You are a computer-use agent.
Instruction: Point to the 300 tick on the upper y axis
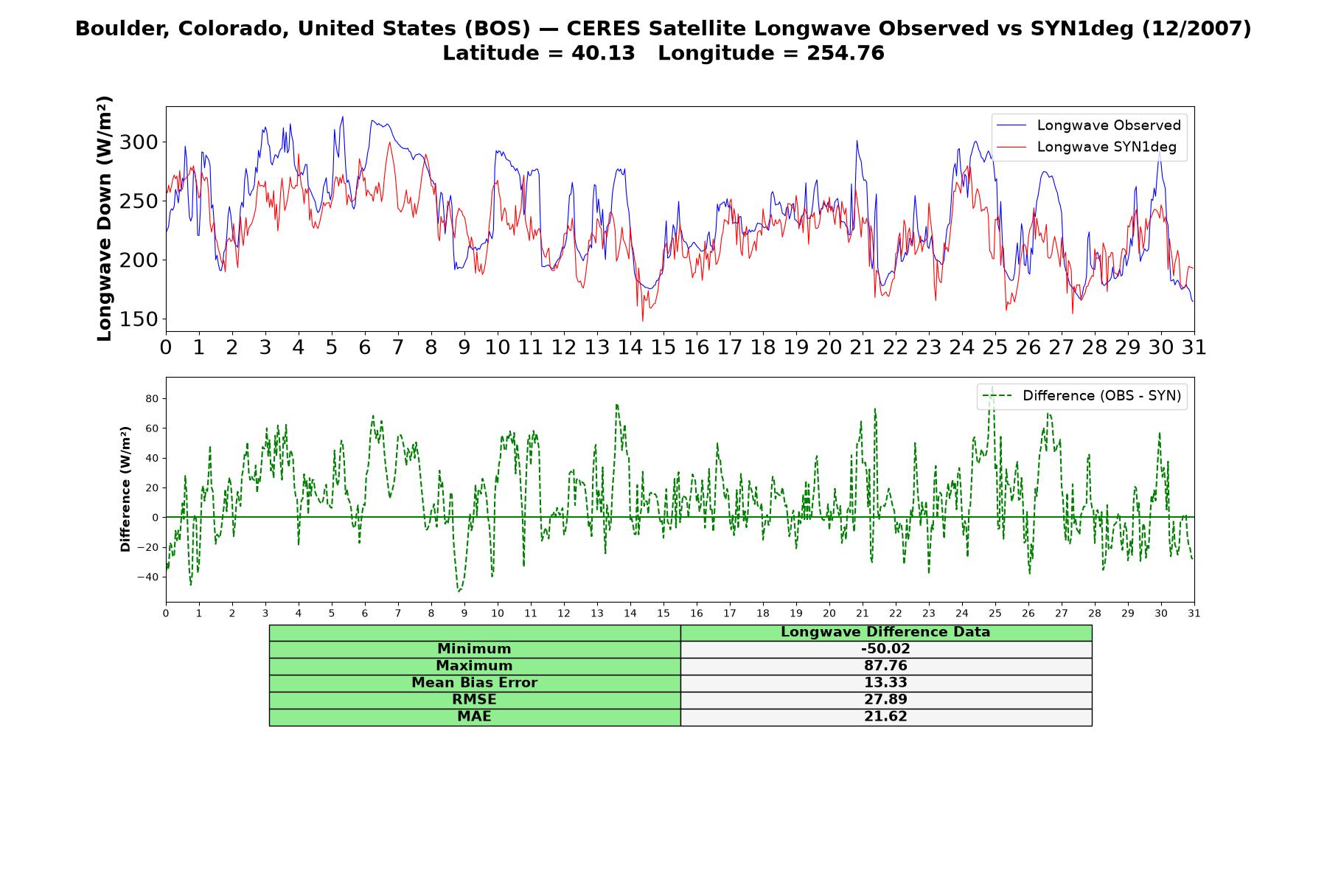pyautogui.click(x=139, y=142)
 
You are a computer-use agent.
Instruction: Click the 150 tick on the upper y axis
pyautogui.click(x=139, y=319)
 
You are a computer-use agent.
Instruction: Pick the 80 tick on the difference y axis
pyautogui.click(x=152, y=399)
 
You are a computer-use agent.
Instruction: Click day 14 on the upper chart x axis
pyautogui.click(x=630, y=347)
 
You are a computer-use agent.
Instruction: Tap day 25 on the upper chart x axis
pyautogui.click(x=995, y=347)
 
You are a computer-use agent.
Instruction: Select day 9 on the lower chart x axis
pyautogui.click(x=464, y=613)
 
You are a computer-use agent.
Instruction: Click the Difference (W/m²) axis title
pyautogui.click(x=125, y=489)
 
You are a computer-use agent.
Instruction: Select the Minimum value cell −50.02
pyautogui.click(x=885, y=649)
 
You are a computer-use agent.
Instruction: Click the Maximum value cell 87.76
pyautogui.click(x=885, y=666)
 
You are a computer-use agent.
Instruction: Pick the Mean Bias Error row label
pyautogui.click(x=474, y=683)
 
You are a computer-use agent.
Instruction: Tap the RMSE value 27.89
pyautogui.click(x=885, y=700)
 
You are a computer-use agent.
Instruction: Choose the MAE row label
pyautogui.click(x=474, y=717)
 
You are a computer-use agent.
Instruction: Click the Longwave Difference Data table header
pyautogui.click(x=885, y=632)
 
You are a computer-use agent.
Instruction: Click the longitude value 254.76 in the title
pyautogui.click(x=845, y=53)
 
